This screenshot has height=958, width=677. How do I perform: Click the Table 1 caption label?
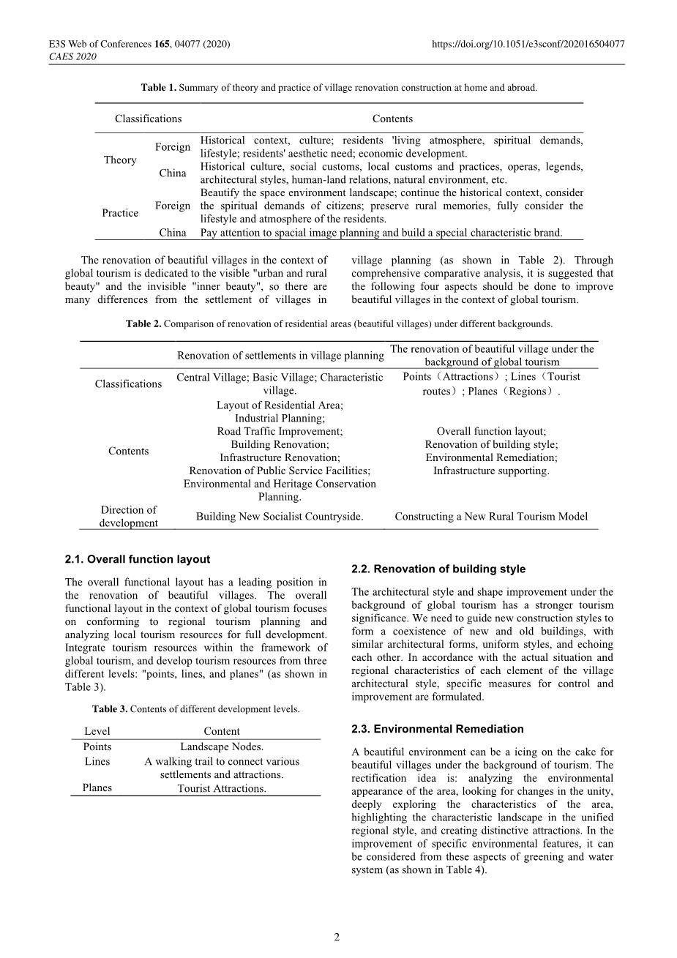159,88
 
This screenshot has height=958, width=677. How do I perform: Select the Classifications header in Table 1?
148,119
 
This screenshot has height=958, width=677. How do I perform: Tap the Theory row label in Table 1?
120,160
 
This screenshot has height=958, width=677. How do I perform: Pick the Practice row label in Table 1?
120,213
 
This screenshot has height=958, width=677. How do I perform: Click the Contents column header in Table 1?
392,119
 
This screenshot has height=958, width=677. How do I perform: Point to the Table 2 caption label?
143,323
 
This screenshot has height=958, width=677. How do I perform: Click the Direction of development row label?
129,516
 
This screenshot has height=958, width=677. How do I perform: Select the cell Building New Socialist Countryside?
280,516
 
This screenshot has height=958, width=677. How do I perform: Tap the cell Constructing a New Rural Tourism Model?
491,516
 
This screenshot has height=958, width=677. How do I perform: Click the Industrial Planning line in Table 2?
280,418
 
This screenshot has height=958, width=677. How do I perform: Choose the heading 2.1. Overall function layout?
137,559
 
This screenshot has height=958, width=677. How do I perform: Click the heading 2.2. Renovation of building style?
438,569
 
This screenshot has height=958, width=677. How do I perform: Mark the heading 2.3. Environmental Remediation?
437,729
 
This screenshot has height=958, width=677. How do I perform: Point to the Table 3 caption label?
110,709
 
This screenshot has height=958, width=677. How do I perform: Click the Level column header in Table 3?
97,731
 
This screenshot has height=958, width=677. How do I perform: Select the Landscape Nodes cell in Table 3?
222,746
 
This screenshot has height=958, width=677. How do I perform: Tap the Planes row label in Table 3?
97,788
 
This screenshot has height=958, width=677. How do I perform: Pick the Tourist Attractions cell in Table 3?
222,788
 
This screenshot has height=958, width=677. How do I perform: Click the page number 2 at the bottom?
337,937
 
